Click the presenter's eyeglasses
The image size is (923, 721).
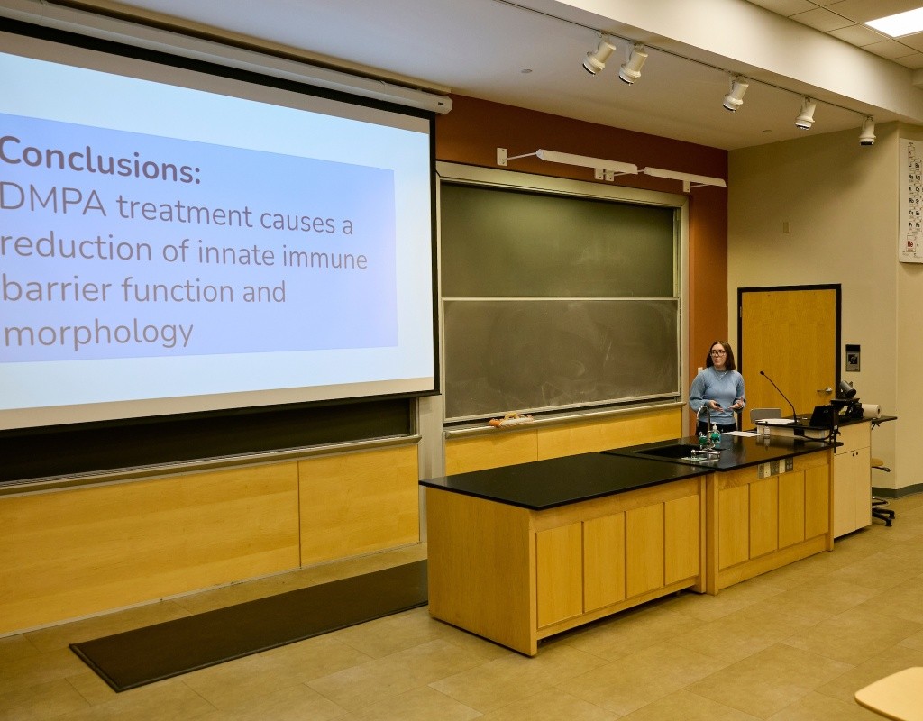tap(717, 353)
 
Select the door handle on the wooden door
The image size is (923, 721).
tap(824, 390)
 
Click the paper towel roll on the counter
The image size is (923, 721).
tap(871, 410)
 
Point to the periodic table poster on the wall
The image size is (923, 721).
tap(910, 200)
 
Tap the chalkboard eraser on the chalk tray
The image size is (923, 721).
tap(510, 419)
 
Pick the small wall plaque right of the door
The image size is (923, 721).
tap(852, 358)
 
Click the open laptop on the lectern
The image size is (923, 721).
tap(821, 415)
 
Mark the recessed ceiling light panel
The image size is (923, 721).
tap(897, 23)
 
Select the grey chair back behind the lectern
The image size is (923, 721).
tap(764, 415)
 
